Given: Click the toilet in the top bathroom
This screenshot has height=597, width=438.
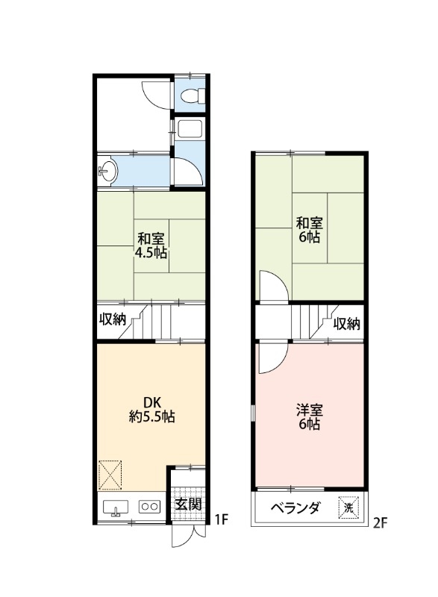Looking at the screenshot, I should (x=191, y=96).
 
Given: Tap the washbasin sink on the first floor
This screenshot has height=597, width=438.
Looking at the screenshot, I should (x=107, y=172).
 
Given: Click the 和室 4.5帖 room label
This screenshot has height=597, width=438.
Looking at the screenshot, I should (x=151, y=246).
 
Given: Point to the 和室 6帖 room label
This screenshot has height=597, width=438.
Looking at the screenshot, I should (x=308, y=229).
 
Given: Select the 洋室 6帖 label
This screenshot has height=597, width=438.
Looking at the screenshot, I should (x=308, y=416).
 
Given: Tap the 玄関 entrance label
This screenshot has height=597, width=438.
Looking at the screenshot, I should (x=187, y=504).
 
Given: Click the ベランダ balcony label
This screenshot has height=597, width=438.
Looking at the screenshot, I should (x=295, y=508).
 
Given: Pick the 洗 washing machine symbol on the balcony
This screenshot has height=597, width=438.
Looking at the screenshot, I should (x=348, y=508).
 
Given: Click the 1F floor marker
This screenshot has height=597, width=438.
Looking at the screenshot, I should (x=220, y=519).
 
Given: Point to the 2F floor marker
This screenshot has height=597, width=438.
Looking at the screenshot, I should (x=381, y=523).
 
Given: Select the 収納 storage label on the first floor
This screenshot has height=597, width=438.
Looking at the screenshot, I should (x=113, y=319).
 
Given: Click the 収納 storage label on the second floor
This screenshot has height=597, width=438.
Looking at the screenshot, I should (x=347, y=323).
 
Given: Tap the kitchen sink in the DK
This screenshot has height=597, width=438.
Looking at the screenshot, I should (x=115, y=508).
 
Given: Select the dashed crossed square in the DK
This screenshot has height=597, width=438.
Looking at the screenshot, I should (x=110, y=472).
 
